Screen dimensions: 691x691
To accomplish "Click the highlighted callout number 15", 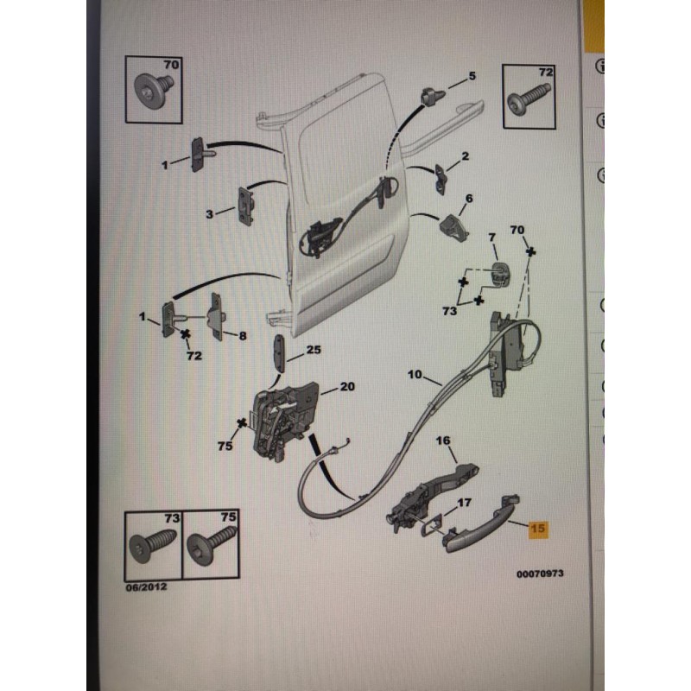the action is pos(537,528).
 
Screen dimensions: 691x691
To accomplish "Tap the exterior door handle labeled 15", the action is pos(480,523).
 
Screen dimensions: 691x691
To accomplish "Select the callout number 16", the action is pos(443,441).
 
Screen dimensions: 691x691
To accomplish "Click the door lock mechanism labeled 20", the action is pos(286,421).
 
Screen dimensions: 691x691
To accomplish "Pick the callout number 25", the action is pos(314,350).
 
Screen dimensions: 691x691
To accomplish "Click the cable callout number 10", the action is pos(415,375).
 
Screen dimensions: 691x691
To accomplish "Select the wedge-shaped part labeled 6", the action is pos(453,228).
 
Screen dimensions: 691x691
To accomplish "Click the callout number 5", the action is pos(472,76).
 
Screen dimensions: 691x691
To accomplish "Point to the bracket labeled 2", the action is pos(441,179).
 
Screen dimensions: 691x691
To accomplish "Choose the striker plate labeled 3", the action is pos(246,206).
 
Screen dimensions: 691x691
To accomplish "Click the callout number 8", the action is pos(243,336).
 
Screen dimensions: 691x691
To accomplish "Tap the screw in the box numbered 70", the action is pos(154,91).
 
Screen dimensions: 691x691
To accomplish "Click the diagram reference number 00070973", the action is pos(540,574).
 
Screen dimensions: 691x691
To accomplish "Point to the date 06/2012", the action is pos(146,586).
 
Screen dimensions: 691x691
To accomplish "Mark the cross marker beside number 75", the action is pos(242,423).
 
